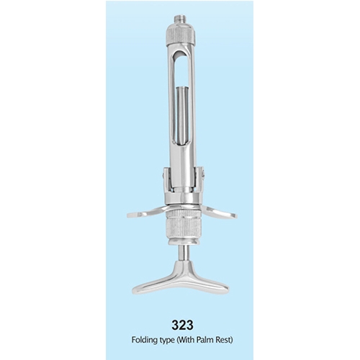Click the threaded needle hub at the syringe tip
(180, 19)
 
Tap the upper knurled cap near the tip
(180, 32)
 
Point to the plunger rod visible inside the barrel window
(182, 114)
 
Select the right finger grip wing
(217, 212)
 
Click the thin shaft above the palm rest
(184, 253)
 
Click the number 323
(182, 325)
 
